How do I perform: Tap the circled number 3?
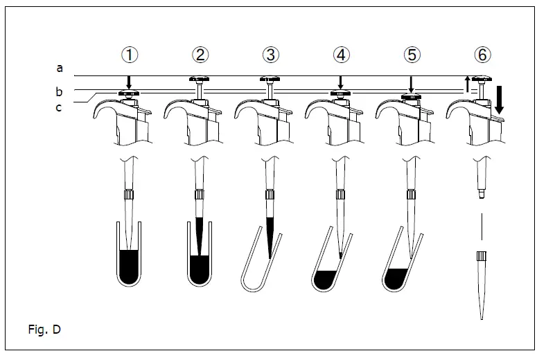click(x=270, y=53)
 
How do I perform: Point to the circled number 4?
click(x=340, y=53)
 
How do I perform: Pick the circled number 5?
click(x=411, y=53)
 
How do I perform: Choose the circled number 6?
click(x=482, y=53)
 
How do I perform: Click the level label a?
click(x=60, y=68)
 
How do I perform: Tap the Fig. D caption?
click(x=46, y=329)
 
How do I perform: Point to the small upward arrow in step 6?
click(x=467, y=83)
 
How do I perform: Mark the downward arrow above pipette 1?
click(x=128, y=82)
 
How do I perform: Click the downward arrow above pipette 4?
click(x=340, y=82)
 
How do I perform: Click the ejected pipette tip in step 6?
click(x=481, y=284)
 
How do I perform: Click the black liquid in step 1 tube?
click(x=128, y=266)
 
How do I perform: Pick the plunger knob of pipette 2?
click(x=199, y=80)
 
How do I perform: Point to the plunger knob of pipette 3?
click(x=270, y=80)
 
